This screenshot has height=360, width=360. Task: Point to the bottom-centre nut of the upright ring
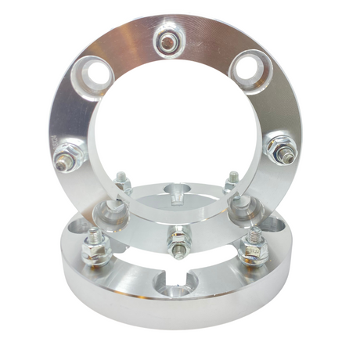178,234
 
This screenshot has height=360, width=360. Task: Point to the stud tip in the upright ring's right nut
289,158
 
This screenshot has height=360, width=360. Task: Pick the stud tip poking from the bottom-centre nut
179,249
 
